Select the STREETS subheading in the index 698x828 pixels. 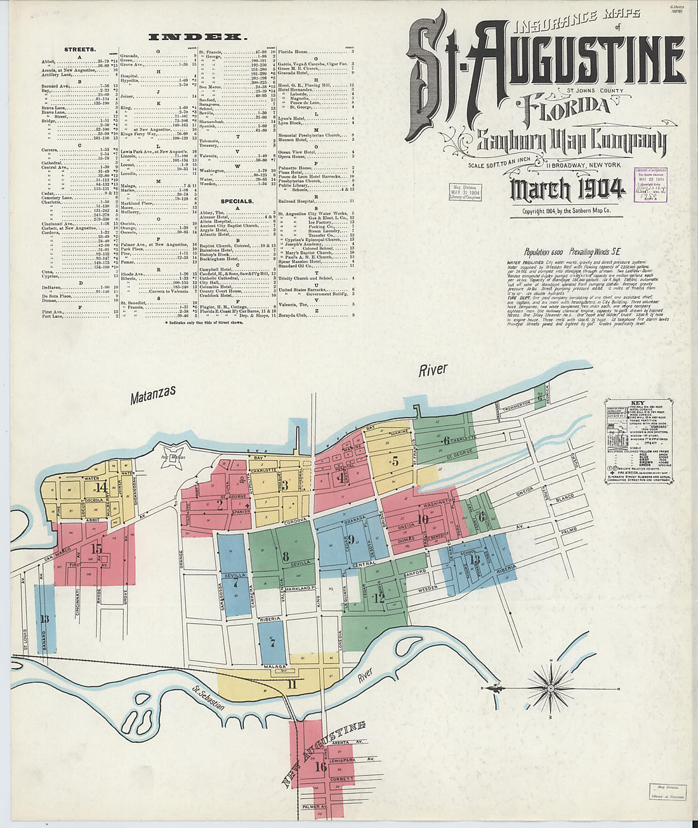click(80, 49)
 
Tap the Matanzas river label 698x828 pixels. click(152, 395)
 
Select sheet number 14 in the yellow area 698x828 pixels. click(101, 488)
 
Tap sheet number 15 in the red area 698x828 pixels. click(96, 548)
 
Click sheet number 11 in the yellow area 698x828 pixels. click(291, 684)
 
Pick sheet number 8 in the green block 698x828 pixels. click(286, 556)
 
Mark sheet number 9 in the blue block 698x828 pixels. click(350, 540)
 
